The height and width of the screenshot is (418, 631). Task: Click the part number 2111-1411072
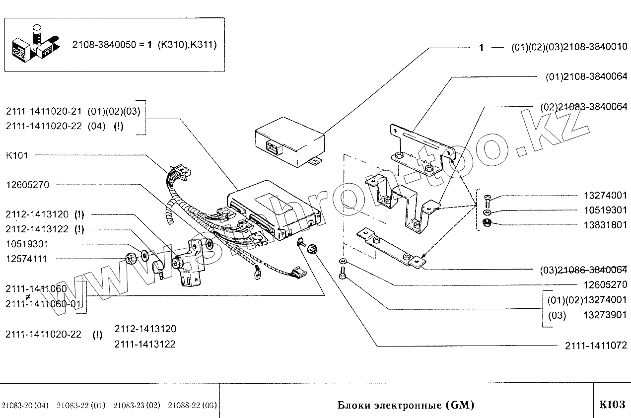tap(596, 346)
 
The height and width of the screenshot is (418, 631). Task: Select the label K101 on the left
tap(17, 155)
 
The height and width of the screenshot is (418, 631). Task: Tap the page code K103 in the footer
tap(612, 404)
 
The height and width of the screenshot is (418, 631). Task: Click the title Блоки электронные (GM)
tap(406, 405)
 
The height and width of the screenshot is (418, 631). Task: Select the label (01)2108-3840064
tap(586, 76)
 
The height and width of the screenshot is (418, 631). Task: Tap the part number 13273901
tap(605, 315)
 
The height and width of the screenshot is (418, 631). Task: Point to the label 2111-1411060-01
tap(44, 303)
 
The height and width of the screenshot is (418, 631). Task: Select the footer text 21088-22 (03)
tap(192, 406)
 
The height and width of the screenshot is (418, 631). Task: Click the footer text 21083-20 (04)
tap(25, 406)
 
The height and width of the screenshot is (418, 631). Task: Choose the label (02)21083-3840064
tap(583, 107)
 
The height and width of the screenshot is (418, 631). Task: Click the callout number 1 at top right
tap(481, 48)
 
